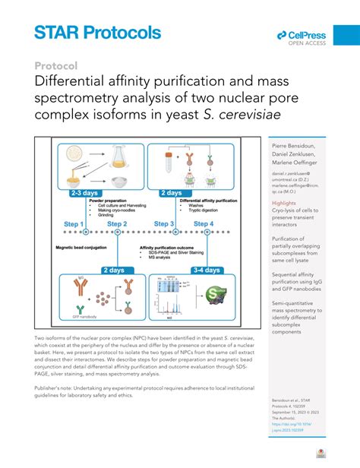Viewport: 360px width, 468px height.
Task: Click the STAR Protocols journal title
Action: (97, 32)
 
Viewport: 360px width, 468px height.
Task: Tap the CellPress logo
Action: (302, 36)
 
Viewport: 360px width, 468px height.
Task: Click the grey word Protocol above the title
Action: (56, 65)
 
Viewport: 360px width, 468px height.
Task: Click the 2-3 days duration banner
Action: (86, 193)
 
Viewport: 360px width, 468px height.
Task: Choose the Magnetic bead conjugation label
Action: (84, 248)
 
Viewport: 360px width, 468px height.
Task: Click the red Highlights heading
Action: (285, 204)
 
